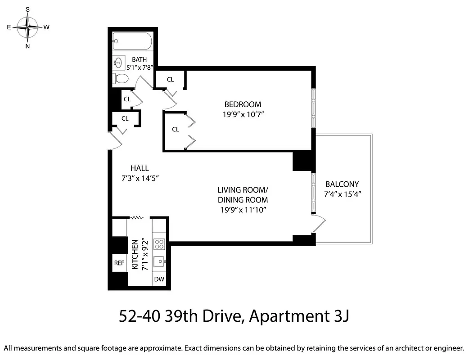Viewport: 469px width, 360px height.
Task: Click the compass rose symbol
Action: click(x=28, y=27)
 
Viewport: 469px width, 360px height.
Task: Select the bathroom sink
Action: click(x=119, y=62)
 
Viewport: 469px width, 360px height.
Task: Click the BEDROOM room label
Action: click(x=243, y=104)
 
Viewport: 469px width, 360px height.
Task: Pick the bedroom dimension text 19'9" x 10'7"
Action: click(x=243, y=114)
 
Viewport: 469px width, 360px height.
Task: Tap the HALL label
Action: click(x=140, y=168)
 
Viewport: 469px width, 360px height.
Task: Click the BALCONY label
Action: click(x=342, y=184)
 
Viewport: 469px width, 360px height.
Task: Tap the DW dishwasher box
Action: click(x=159, y=279)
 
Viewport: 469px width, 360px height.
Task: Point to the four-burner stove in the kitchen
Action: click(x=159, y=244)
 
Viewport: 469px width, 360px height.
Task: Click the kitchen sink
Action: click(x=159, y=261)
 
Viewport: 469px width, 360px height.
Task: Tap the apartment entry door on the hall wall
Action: click(x=115, y=141)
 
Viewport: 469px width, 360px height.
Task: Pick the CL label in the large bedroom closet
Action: click(x=176, y=130)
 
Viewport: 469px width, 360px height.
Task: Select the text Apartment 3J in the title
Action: click(x=298, y=316)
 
